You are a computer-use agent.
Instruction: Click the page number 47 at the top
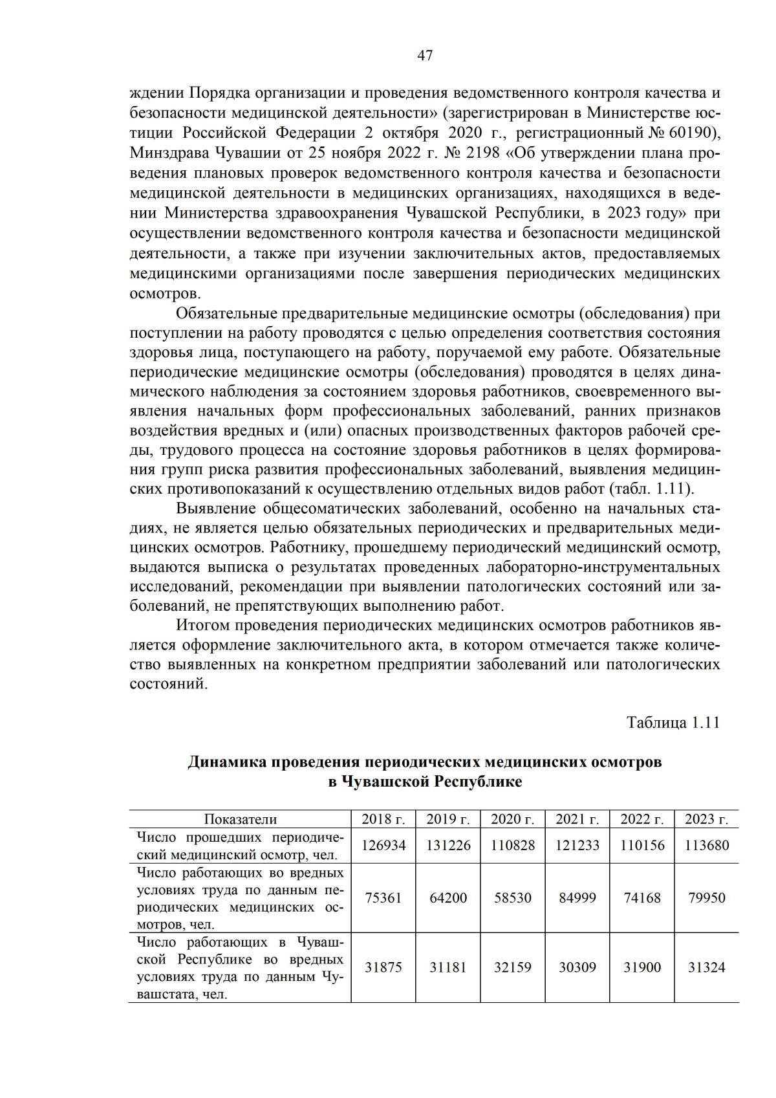pos(425,56)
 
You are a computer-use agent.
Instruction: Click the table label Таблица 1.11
pos(673,723)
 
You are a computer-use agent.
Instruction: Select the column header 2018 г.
pos(383,819)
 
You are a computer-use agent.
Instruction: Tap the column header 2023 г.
pos(706,819)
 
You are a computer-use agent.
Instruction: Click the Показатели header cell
pos(240,819)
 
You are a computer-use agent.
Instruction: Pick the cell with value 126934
pos(383,846)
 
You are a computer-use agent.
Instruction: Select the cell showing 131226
pos(448,846)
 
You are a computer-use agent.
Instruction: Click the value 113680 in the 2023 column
pos(706,846)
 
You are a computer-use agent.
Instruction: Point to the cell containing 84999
pos(577,898)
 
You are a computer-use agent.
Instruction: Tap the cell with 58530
pos(513,898)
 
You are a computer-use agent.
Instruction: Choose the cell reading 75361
pos(383,898)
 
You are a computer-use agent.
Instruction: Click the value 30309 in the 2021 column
pos(577,968)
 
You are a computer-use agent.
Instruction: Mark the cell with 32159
pos(513,968)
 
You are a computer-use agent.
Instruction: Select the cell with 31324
pos(706,968)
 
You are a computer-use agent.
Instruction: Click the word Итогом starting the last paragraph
pos(203,626)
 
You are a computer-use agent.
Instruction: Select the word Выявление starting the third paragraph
pos(216,509)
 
